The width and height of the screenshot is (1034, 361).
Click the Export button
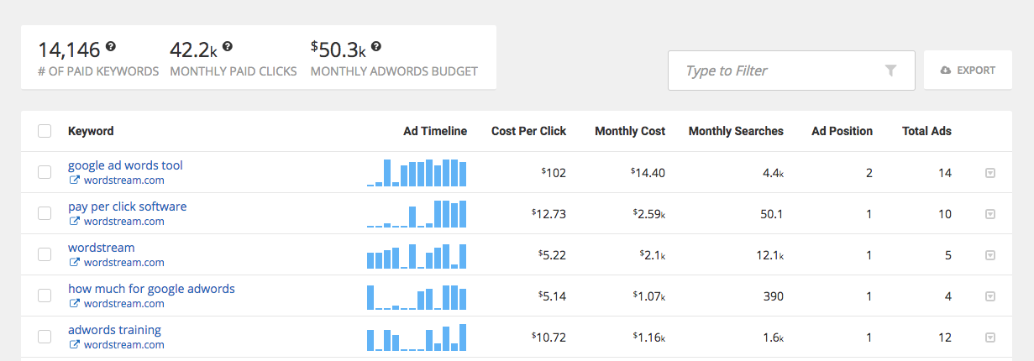[x=968, y=71]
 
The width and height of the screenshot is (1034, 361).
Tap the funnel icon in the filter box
[x=891, y=71]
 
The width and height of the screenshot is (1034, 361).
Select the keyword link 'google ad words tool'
[x=125, y=165]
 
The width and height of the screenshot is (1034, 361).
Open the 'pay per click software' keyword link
[x=127, y=207]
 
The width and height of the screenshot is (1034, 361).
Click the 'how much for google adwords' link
[x=151, y=289]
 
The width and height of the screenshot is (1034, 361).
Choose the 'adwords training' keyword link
[x=114, y=330]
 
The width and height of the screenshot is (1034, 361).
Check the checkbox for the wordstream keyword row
[x=45, y=254]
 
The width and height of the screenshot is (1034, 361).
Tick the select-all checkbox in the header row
[x=45, y=131]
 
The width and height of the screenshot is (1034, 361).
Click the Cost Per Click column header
[x=528, y=131]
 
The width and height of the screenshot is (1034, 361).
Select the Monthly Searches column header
[x=735, y=131]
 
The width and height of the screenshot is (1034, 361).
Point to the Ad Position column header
[x=842, y=131]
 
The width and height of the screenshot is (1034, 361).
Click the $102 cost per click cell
[x=554, y=173]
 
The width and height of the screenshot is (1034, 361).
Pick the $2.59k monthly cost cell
[x=649, y=214]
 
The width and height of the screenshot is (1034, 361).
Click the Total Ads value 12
[x=945, y=337]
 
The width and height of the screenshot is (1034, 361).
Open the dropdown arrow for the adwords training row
[x=989, y=337]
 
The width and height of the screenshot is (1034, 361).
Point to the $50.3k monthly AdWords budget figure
[x=339, y=50]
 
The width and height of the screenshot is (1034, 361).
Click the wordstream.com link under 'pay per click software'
[x=123, y=222]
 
